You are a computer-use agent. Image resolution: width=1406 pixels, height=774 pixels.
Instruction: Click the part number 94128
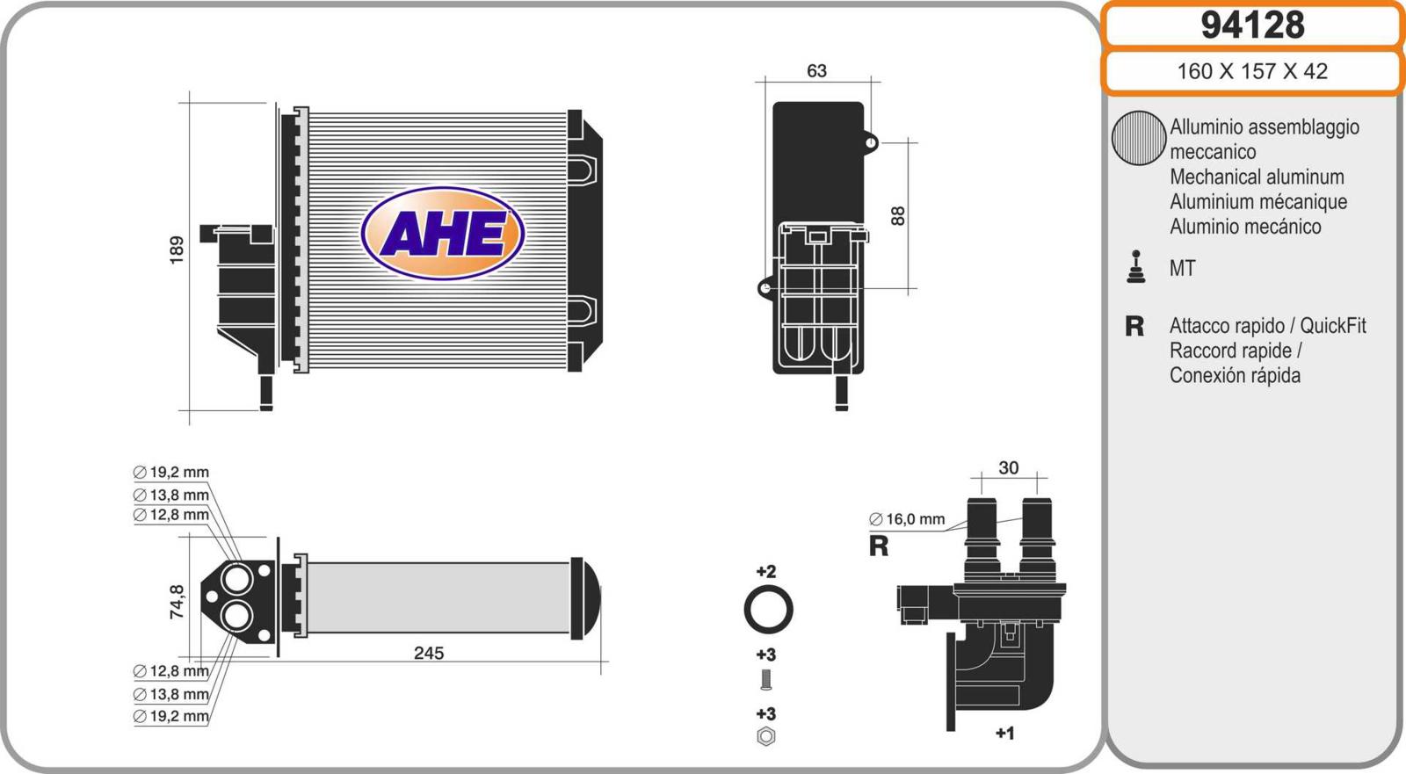pos(1252,25)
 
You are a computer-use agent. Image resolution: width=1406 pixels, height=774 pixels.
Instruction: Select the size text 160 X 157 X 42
pos(1252,71)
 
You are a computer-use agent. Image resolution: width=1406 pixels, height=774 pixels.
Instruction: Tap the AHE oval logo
pos(443,233)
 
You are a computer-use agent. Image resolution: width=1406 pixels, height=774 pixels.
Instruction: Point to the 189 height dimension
pos(177,250)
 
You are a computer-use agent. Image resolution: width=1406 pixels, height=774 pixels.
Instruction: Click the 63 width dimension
pos(816,71)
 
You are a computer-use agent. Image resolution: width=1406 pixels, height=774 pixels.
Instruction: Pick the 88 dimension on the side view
pos(897,216)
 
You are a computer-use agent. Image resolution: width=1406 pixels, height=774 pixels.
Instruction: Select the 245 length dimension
pos(429,654)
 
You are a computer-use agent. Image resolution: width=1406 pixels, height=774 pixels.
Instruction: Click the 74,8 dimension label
pos(177,602)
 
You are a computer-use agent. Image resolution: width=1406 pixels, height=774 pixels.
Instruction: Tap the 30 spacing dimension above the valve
pos(1008,467)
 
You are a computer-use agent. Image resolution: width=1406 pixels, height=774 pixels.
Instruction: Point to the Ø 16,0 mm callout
pos(907,519)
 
